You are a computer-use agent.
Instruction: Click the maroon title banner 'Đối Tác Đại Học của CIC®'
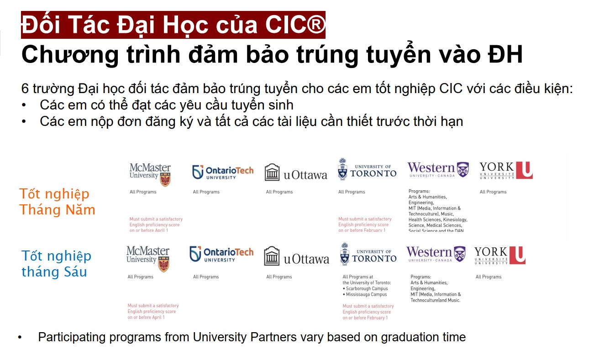tap(173, 25)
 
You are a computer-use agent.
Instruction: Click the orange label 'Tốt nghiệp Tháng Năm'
tap(57, 202)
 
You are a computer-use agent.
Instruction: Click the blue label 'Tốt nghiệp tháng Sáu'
tap(56, 264)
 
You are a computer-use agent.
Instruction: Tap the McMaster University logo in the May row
tap(150, 174)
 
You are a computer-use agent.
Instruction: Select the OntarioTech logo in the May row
tap(222, 172)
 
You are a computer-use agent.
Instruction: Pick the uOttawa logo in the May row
tap(296, 173)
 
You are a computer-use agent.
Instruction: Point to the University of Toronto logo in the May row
tap(367, 169)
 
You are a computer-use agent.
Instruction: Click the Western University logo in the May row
tap(438, 169)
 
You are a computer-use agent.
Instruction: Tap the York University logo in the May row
tap(506, 170)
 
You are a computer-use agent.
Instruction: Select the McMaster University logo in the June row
tap(148, 258)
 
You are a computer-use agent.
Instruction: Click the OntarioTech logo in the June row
tap(221, 254)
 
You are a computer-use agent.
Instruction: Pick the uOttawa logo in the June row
tap(296, 257)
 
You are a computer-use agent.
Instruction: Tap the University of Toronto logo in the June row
tap(368, 255)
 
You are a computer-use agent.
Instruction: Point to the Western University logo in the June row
tap(436, 254)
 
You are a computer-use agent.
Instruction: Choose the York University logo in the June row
tap(499, 255)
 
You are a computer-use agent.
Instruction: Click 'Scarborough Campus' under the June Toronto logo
tap(367, 289)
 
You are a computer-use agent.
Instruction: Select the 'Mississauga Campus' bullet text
tap(366, 295)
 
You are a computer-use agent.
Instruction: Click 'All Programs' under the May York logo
tap(493, 192)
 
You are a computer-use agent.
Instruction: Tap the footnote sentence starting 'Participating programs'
tap(252, 338)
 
